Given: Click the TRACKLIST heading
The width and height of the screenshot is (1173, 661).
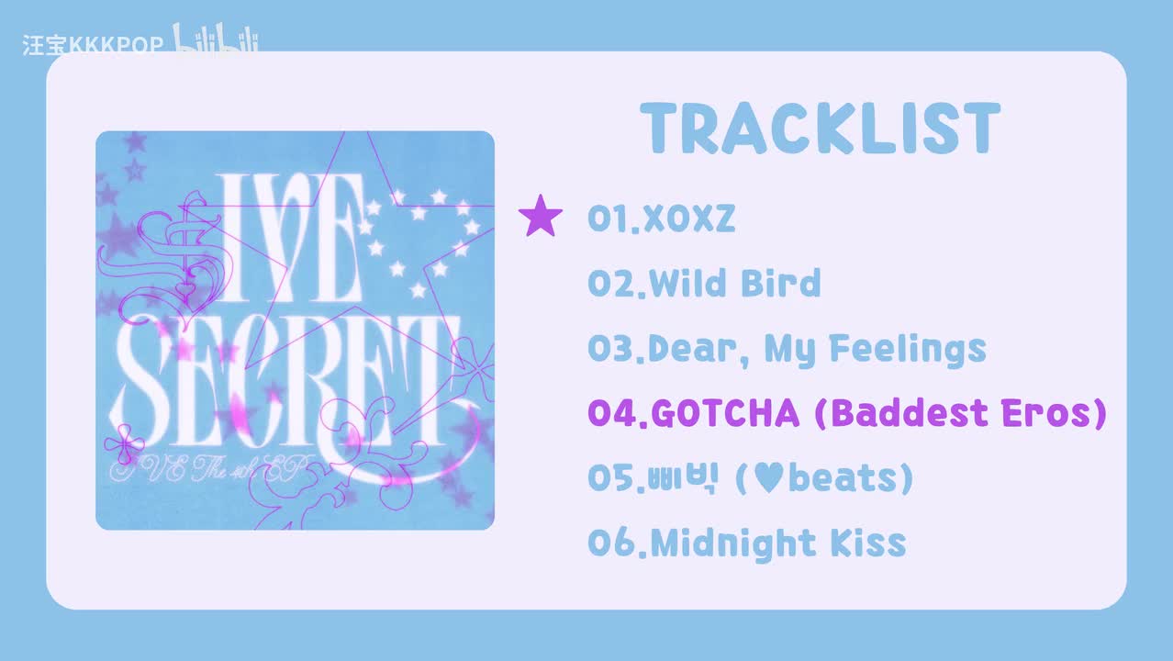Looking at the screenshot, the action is coord(820,129).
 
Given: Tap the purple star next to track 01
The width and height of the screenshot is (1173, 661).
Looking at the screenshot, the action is coord(541,216).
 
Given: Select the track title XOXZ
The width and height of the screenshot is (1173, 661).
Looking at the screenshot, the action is coord(689,218).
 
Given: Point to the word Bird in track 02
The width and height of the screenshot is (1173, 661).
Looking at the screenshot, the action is coord(781,283).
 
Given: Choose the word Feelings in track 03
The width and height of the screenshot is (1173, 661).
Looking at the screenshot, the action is coord(908,350).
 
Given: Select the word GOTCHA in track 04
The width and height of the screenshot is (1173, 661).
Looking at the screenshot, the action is coord(725,413).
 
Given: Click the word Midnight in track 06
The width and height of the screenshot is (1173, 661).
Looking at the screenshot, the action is coord(733,543).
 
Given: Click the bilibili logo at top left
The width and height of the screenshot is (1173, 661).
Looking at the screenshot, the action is coord(215,38).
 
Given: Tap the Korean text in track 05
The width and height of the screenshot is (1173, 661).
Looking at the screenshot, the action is coord(681,478).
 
